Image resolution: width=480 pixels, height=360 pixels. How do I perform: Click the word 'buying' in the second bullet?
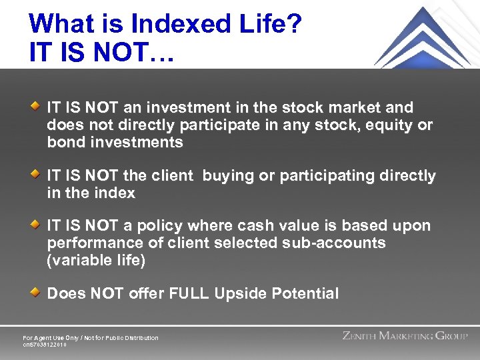point(225,176)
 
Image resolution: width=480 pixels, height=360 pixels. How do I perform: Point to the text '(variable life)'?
point(96,261)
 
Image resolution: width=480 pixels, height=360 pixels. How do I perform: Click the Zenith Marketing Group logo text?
point(405,336)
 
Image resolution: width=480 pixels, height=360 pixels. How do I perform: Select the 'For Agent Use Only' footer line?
point(91,338)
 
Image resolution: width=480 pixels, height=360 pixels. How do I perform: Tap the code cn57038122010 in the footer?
point(45,345)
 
